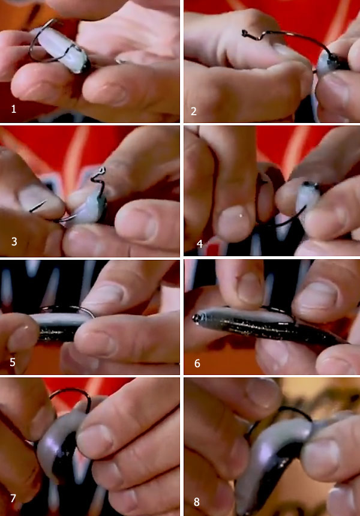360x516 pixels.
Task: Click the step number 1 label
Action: click(x=13, y=109)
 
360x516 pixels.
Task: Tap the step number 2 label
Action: click(x=193, y=111)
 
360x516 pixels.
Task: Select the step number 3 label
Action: click(x=14, y=242)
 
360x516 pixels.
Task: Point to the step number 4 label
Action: click(x=199, y=244)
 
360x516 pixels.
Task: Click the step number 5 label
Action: click(x=13, y=362)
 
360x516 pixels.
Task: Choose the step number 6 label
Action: click(x=197, y=364)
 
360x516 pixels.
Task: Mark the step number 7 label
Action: click(x=13, y=498)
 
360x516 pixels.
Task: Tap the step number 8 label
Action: click(x=196, y=502)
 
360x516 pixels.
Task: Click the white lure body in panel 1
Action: click(x=61, y=50)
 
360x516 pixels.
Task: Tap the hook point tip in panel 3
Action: click(x=30, y=211)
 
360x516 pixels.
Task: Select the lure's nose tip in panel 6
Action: click(x=196, y=318)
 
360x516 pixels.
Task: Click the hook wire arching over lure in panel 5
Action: click(x=67, y=308)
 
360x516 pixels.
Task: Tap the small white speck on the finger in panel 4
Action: click(x=241, y=215)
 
